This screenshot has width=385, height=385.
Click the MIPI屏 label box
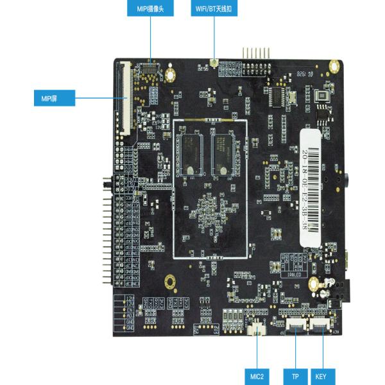click(54, 98)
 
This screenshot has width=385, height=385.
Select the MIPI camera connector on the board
click(150, 65)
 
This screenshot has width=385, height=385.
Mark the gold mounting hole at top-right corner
click(334, 65)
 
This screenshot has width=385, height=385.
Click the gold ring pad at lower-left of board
click(170, 281)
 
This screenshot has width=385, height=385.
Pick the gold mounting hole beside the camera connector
click(169, 74)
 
